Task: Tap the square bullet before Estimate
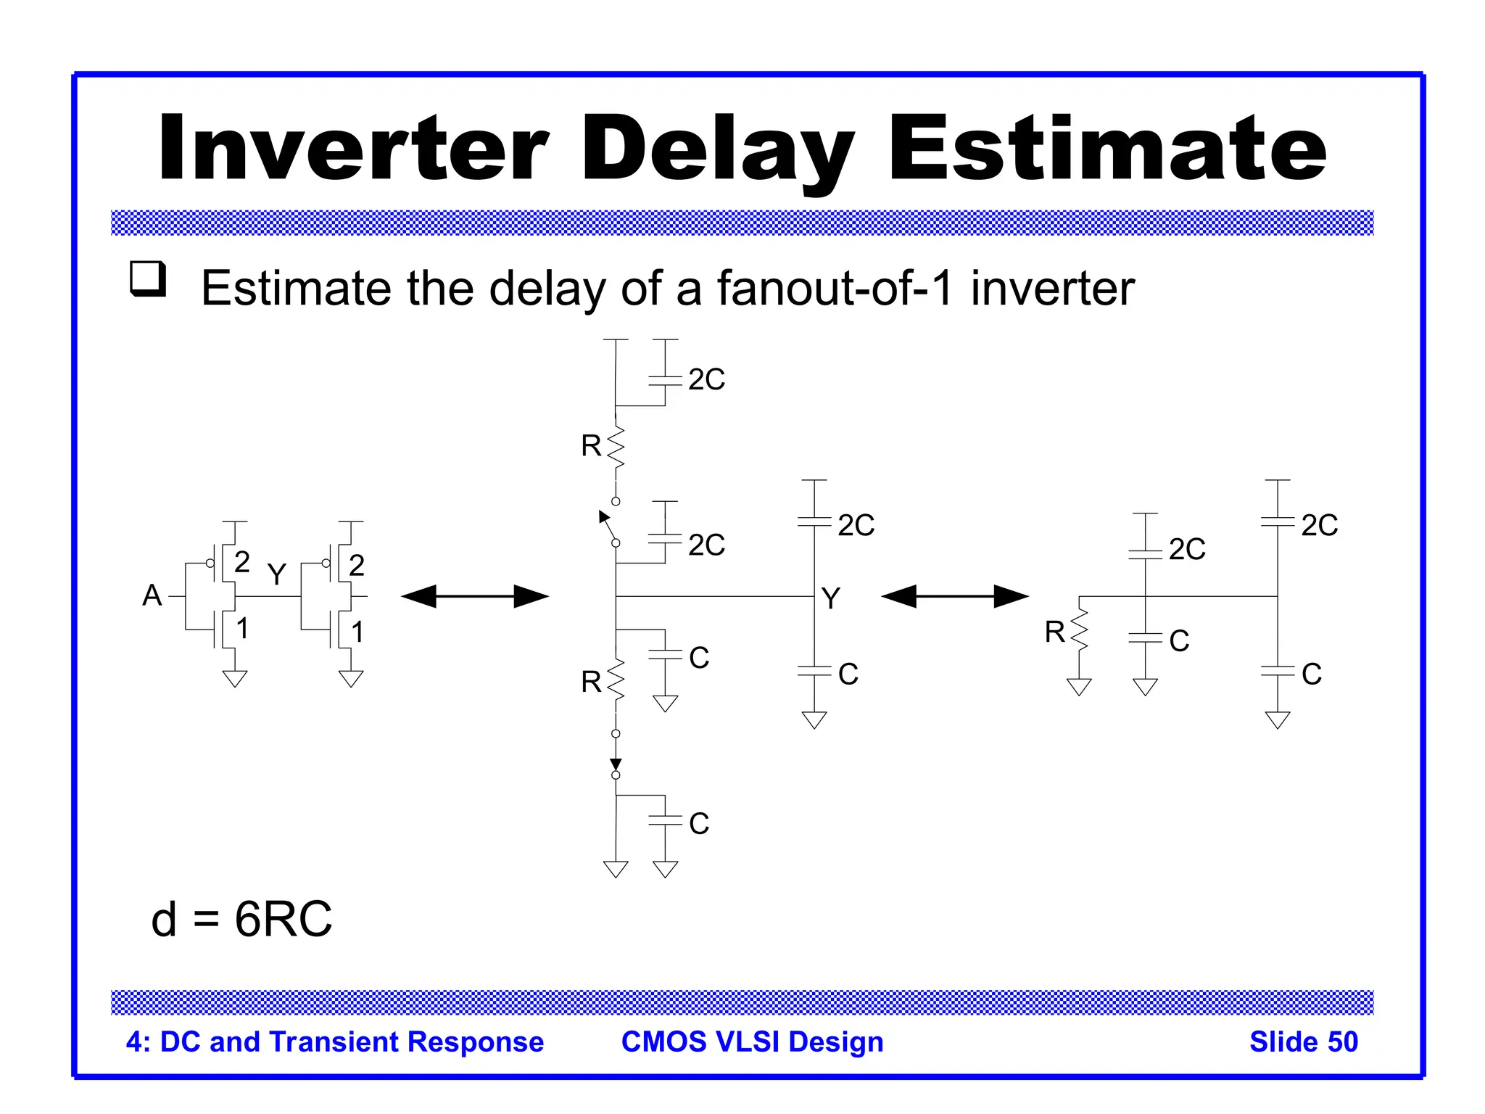(148, 278)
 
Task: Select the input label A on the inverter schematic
(152, 595)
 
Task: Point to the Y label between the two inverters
(276, 574)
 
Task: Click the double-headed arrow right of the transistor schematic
(475, 596)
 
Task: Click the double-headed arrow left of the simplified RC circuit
(955, 596)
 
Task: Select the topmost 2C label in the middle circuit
(706, 379)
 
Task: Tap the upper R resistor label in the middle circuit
(591, 446)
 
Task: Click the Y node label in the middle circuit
(831, 599)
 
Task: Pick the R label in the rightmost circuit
(1054, 632)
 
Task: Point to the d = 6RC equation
(241, 919)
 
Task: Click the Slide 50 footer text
(1303, 1041)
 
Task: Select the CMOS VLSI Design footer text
(752, 1041)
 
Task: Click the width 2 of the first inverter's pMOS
(242, 562)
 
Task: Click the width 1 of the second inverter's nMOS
(357, 632)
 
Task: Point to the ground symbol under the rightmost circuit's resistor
(1079, 687)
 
